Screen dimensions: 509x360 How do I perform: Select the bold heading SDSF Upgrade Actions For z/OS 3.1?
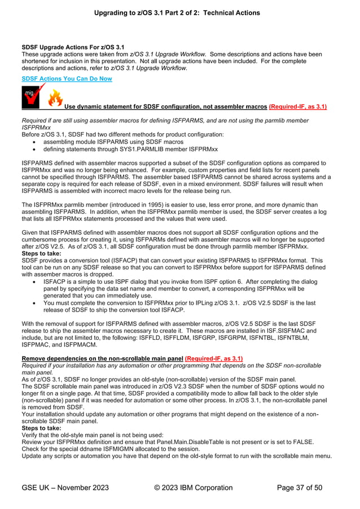pos(73,47)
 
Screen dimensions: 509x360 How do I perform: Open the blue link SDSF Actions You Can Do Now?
pos(66,78)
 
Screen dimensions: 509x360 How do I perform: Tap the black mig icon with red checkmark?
pos(31,96)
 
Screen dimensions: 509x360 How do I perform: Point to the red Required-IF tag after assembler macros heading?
pos(297,106)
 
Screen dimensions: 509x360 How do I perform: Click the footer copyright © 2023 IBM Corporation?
pos(193,488)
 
